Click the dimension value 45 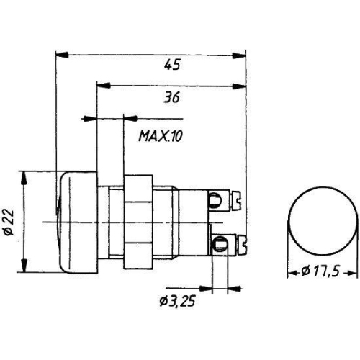click(172, 65)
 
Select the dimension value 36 click(171, 98)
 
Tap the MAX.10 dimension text click(161, 136)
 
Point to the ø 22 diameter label click(9, 222)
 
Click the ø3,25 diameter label click(177, 301)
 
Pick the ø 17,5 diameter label click(320, 271)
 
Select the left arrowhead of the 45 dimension click(62, 55)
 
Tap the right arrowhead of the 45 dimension click(239, 55)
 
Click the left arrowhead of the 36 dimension click(103, 85)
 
